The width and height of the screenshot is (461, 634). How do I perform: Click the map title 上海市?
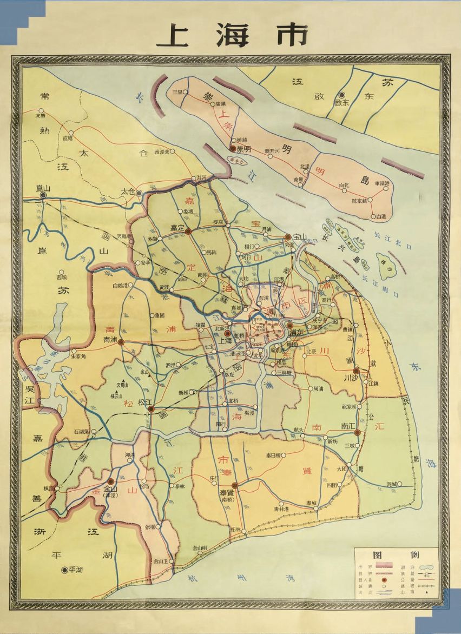[x=231, y=36]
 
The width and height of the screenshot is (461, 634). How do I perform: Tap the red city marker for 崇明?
[x=233, y=148]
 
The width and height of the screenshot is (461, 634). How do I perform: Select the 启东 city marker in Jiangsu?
[x=341, y=94]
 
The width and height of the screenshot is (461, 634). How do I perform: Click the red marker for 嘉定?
[x=188, y=231]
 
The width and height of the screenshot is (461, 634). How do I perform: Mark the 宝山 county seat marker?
[x=288, y=237]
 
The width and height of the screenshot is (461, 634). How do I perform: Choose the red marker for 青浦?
[x=121, y=342]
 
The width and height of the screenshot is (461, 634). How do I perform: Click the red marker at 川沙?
[x=355, y=371]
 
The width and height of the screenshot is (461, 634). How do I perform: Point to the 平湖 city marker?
[x=64, y=569]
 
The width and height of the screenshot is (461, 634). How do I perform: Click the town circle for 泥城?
[x=400, y=484]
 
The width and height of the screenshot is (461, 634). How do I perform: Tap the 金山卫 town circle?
[x=172, y=562]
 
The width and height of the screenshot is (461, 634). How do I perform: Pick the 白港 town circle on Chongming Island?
[x=373, y=216]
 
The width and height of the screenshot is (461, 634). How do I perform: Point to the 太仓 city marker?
[x=139, y=193]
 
